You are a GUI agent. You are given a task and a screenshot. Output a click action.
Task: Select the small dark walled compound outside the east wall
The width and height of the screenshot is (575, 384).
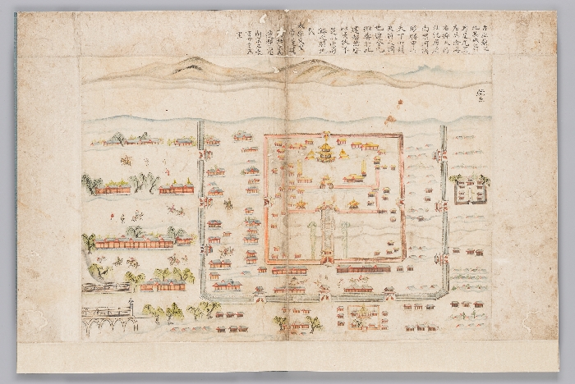(x=470, y=191)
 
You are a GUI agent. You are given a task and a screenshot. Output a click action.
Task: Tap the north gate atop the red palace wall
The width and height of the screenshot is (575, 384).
(x=325, y=134)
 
